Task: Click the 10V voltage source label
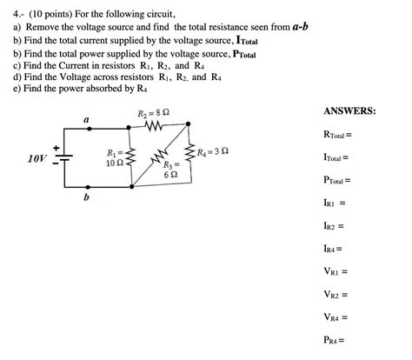point(37,159)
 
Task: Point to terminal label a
point(86,120)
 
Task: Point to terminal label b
point(86,197)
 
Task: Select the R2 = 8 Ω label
point(154,114)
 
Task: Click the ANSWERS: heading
point(349,111)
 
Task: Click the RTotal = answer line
point(336,135)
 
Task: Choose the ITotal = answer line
point(335,157)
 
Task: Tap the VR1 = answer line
point(335,271)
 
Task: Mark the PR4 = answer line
point(335,340)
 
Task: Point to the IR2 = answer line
point(333,226)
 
